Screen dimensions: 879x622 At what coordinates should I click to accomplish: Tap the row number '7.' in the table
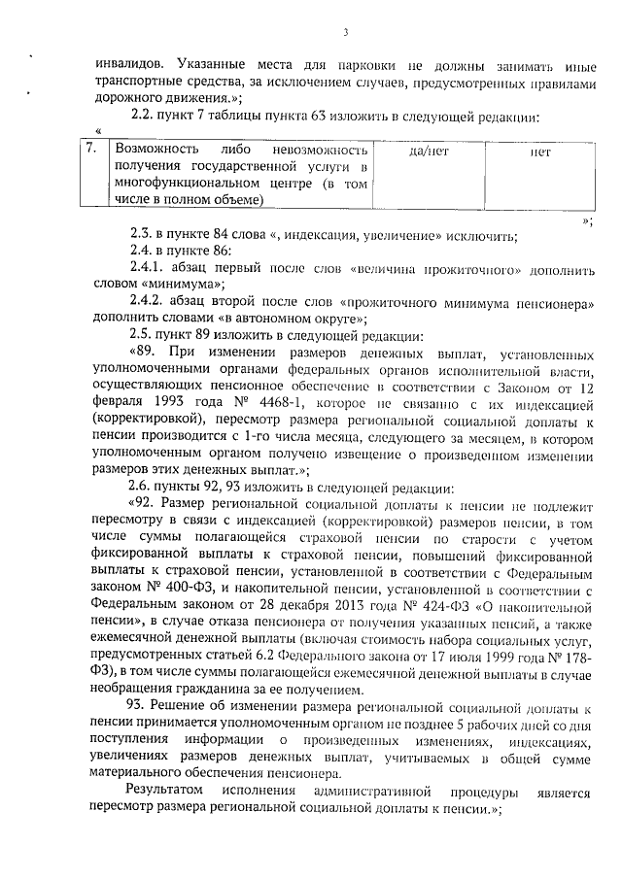(91, 152)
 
